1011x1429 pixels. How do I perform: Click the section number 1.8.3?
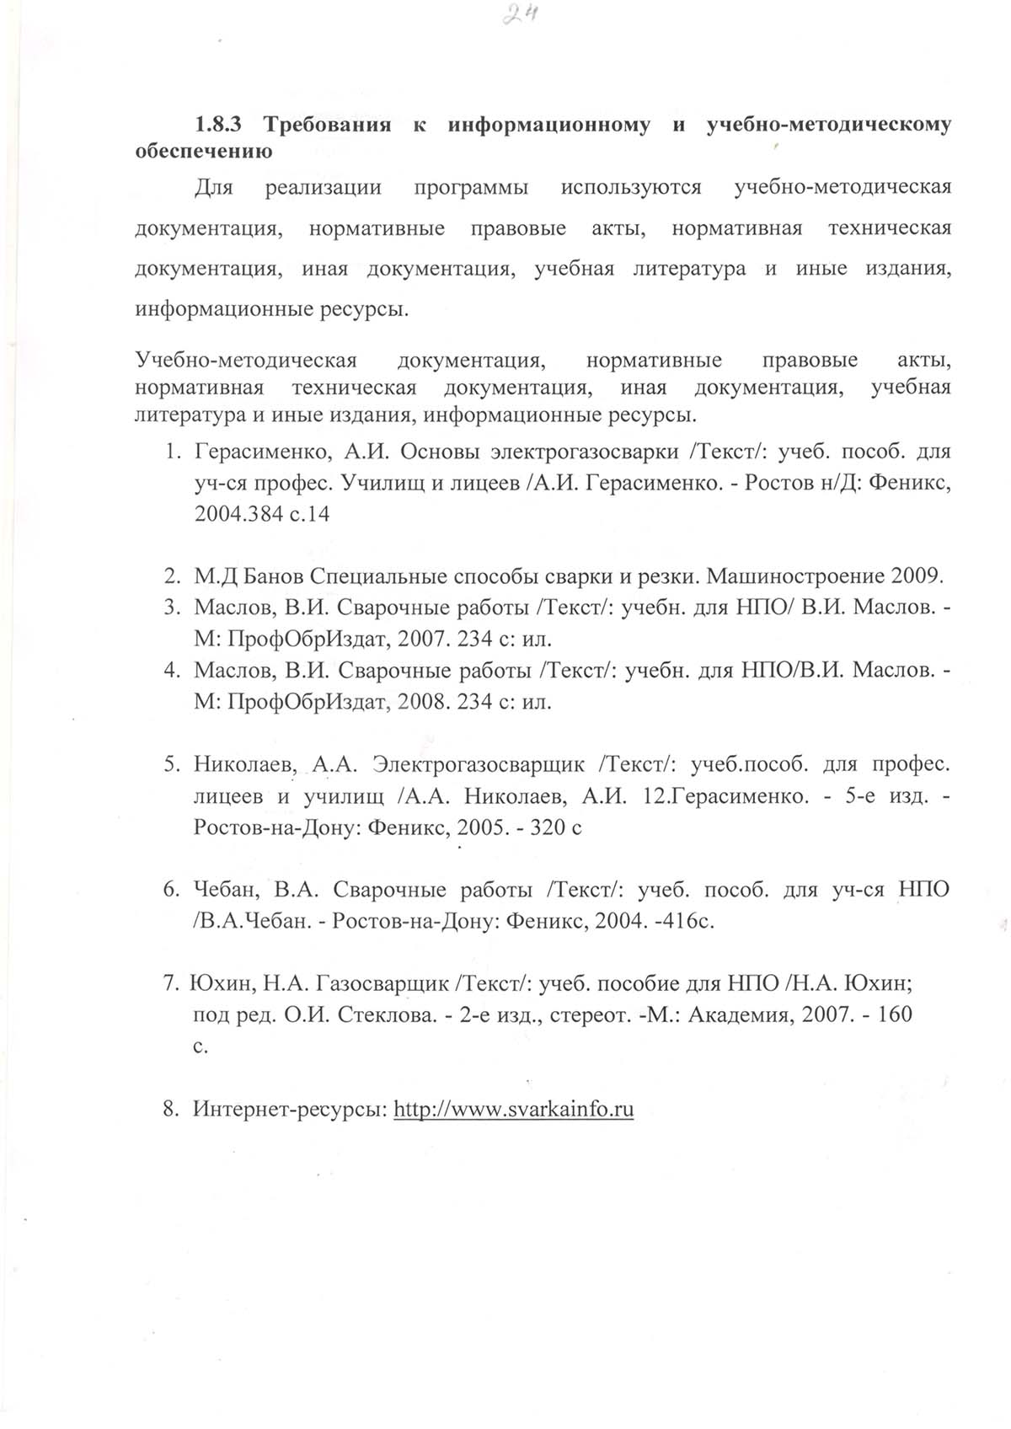[x=218, y=125]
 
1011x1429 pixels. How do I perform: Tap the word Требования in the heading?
[x=328, y=125]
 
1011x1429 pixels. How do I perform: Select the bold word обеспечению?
[x=203, y=153]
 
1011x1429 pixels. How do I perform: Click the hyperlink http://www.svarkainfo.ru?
[x=513, y=1109]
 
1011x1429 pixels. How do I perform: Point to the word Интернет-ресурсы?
[x=290, y=1109]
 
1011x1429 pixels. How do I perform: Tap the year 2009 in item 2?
[x=913, y=576]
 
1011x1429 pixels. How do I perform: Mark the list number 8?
[x=171, y=1109]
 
